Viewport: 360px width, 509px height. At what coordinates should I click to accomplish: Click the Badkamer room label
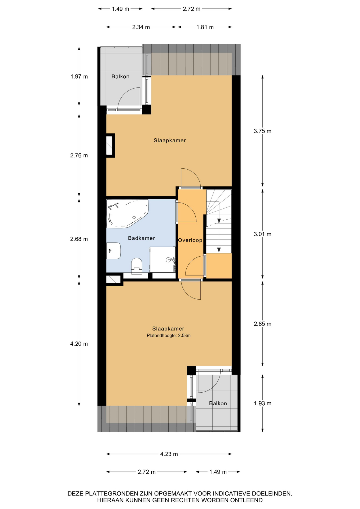[141, 238]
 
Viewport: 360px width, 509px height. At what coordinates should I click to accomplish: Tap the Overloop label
[190, 240]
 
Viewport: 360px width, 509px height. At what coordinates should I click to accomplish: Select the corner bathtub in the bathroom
[127, 214]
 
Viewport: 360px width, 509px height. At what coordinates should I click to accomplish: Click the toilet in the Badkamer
[137, 266]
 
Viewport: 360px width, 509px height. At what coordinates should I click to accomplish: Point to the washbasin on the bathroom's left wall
[113, 251]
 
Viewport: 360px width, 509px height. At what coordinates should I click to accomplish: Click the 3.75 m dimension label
[262, 131]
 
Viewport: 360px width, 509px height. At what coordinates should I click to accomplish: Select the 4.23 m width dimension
[169, 454]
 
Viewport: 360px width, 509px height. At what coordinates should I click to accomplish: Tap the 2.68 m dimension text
[79, 239]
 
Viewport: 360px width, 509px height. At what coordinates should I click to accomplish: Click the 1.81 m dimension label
[205, 27]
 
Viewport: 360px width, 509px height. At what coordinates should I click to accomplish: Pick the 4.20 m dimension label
[79, 344]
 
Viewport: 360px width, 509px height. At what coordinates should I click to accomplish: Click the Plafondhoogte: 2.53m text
[169, 336]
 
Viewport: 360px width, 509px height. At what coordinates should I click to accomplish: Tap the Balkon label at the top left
[120, 77]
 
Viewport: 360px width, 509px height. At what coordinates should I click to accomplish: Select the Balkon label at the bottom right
[218, 403]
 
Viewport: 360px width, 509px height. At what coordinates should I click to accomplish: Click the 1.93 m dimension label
[262, 403]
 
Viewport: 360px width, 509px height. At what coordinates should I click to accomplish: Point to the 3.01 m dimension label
[262, 234]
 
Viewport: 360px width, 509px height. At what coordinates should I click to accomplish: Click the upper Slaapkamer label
[170, 141]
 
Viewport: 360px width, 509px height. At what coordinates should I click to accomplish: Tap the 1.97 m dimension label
[79, 77]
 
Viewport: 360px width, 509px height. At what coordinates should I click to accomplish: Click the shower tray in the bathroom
[163, 260]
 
